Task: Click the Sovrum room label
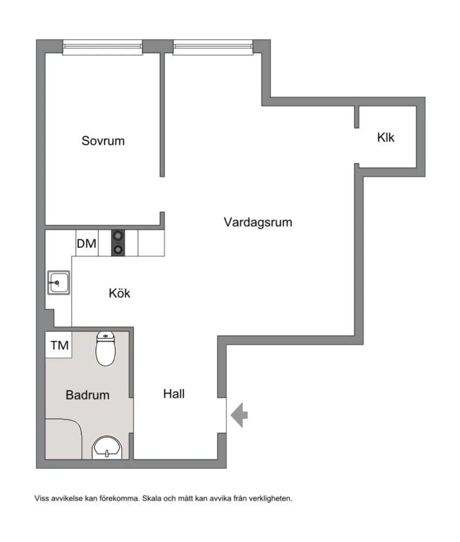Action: pos(103,141)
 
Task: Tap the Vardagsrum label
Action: pos(258,222)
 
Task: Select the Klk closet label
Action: pos(385,137)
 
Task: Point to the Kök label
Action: pos(119,293)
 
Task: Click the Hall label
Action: pos(174,394)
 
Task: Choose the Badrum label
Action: pos(87,395)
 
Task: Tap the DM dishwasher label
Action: pos(86,244)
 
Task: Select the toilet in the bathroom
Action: pos(106,348)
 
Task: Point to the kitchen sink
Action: pos(59,283)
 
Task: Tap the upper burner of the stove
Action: pos(118,236)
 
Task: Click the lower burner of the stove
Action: pos(118,250)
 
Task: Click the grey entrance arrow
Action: pos(239,415)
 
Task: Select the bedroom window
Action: pos(103,47)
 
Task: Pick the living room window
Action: pos(213,47)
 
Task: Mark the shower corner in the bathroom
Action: pos(64,439)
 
